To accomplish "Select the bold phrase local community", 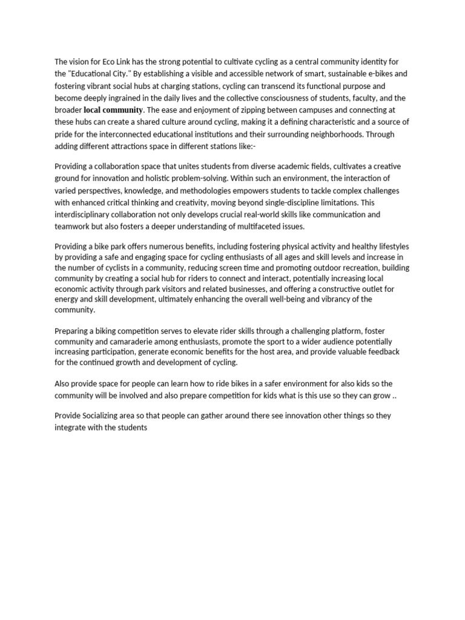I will click(x=113, y=110).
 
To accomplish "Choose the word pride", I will click(x=64, y=134).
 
